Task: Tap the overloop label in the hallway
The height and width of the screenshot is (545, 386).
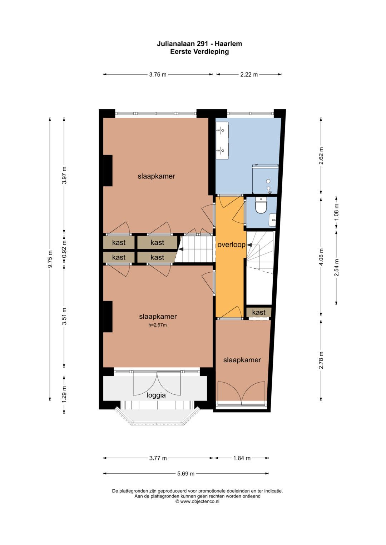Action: pyautogui.click(x=231, y=244)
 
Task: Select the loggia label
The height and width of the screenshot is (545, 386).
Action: pyautogui.click(x=156, y=395)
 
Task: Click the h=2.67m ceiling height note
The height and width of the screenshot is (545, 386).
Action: pyautogui.click(x=157, y=325)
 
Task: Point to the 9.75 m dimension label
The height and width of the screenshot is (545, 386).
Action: pyautogui.click(x=50, y=259)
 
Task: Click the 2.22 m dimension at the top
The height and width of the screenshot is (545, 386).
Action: pyautogui.click(x=249, y=75)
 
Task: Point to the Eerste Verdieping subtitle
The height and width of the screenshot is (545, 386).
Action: pyautogui.click(x=199, y=52)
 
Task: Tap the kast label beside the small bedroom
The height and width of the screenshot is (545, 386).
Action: pyautogui.click(x=259, y=312)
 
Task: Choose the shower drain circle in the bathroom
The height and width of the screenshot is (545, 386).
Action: pyautogui.click(x=268, y=181)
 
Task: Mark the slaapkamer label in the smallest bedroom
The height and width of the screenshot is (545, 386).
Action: pyautogui.click(x=242, y=360)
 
